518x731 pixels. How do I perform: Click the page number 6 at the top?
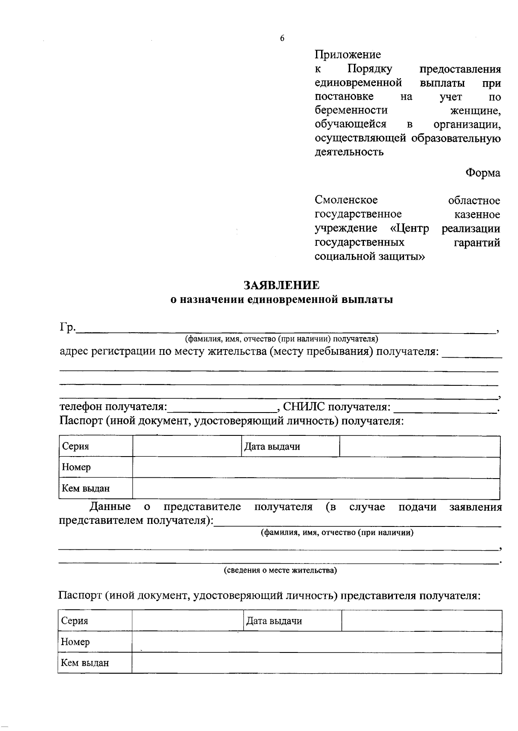click(x=282, y=38)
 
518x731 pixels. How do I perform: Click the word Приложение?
click(x=347, y=55)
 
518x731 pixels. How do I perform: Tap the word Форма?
click(x=483, y=173)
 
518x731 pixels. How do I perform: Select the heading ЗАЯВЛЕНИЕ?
click(x=282, y=285)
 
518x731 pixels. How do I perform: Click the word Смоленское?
click(x=346, y=200)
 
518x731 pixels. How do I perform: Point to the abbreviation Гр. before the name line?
click(x=67, y=328)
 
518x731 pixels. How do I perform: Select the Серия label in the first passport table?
click(x=76, y=447)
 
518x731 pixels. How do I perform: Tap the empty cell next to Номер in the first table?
click(x=315, y=468)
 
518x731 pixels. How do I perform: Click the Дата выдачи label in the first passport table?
click(x=272, y=447)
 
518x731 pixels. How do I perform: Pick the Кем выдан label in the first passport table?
click(x=86, y=488)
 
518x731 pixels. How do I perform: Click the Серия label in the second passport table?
click(x=75, y=621)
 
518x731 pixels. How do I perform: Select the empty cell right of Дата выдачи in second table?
click(x=421, y=621)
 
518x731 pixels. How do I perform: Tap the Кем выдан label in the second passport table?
click(x=85, y=663)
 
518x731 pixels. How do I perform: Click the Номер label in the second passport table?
click(x=76, y=642)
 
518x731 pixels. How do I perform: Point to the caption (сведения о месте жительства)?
click(x=280, y=570)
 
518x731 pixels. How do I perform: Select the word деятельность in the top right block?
click(x=349, y=152)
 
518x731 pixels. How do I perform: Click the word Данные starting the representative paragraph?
click(x=110, y=507)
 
